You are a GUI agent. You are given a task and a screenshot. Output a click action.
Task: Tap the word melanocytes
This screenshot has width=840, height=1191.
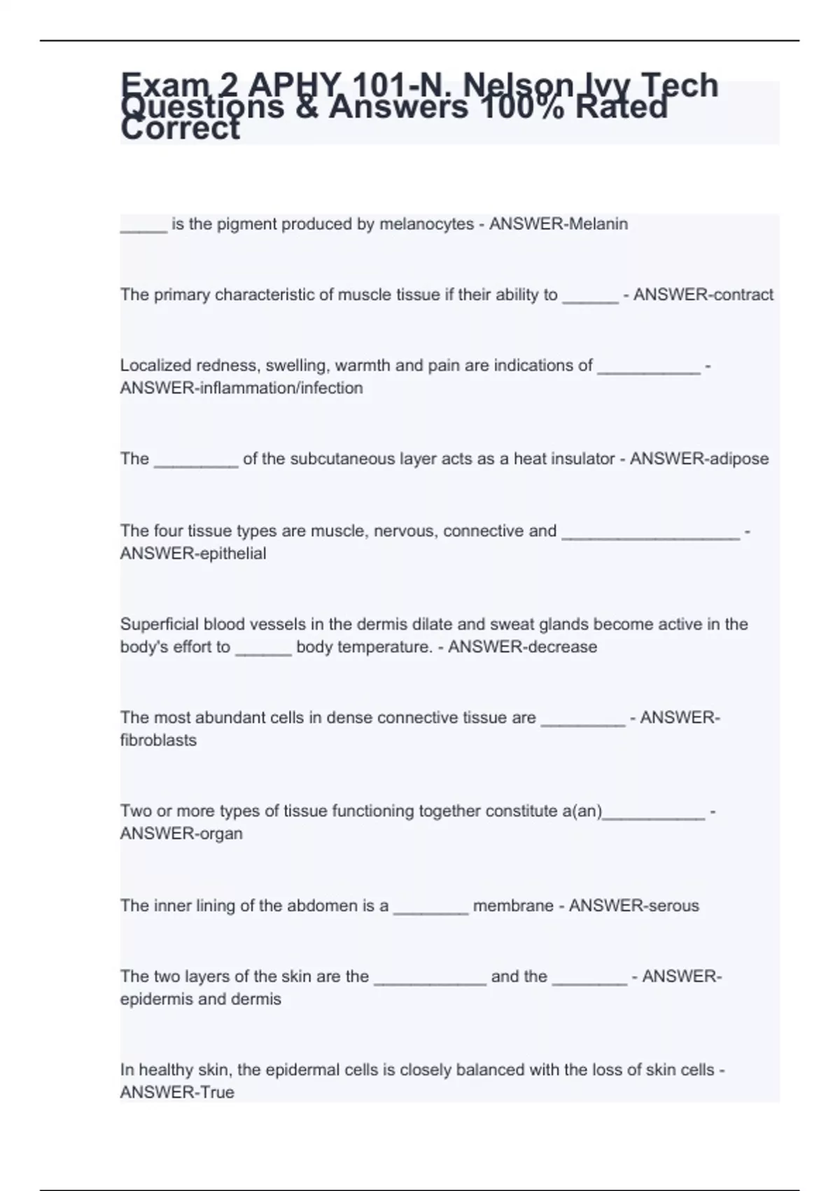point(426,224)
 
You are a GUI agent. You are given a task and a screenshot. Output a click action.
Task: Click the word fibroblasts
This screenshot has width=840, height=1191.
point(158,741)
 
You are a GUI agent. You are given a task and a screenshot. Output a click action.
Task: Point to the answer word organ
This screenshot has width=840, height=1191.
point(220,834)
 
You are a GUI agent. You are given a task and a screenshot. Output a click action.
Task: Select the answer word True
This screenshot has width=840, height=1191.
point(216,1092)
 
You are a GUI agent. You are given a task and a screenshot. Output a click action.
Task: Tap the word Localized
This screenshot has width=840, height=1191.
point(155,366)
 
